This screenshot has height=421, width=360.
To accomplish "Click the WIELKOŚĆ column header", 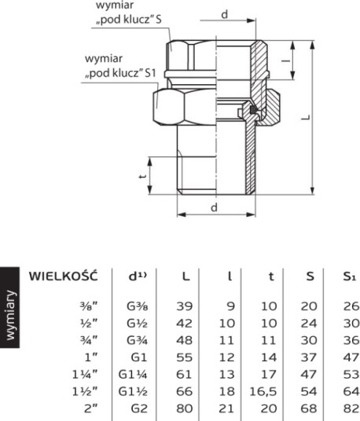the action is (x=64, y=276).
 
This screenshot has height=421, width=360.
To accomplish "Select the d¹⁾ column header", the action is (x=138, y=276).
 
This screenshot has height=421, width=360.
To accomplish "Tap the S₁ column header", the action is (x=351, y=276).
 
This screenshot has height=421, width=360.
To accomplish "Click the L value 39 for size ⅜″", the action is (x=185, y=306).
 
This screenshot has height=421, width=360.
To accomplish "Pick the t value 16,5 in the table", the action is (x=263, y=392).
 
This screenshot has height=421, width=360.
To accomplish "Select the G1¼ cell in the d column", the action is (x=133, y=375).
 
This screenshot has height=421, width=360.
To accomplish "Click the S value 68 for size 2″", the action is (x=309, y=408).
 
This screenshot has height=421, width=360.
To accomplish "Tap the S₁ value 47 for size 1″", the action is (x=351, y=357).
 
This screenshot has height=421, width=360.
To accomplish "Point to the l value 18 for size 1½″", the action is (x=227, y=391).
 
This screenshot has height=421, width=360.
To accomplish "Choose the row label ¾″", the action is (x=89, y=340).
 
